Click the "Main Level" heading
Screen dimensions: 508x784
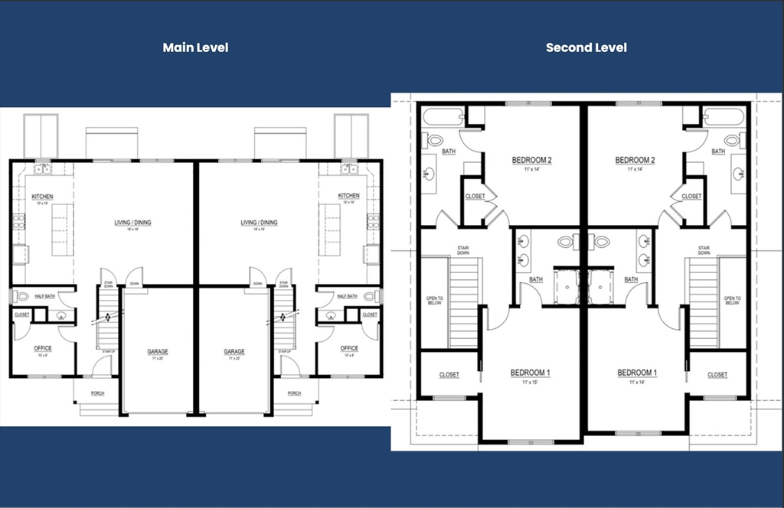[x=195, y=47]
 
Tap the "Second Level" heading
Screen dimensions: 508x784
[x=586, y=47]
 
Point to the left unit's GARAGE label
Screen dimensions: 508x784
[x=158, y=352]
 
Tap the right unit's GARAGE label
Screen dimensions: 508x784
[x=234, y=352]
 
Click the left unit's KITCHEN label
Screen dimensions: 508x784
[x=43, y=197]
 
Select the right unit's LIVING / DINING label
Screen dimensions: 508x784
[x=259, y=223]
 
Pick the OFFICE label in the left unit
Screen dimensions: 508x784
[x=43, y=349]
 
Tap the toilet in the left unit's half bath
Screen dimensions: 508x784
[x=21, y=296]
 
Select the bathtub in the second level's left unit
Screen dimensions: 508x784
[x=443, y=118]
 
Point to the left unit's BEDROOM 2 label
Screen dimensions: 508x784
[x=531, y=161]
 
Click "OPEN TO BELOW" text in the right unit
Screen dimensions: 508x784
[x=732, y=301]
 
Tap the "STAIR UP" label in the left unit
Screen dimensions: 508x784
[x=108, y=352]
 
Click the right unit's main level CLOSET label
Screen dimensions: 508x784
[x=370, y=314]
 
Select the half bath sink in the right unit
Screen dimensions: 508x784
[x=331, y=314]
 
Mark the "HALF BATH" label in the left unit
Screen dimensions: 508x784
[x=44, y=296]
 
